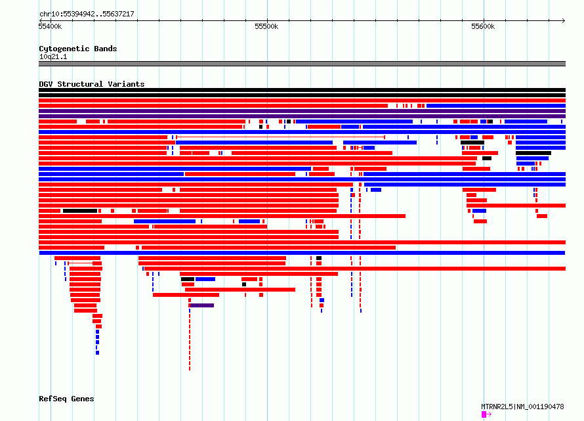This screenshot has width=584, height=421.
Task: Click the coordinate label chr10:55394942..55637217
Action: click(87, 14)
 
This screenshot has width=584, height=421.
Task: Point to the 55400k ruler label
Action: click(50, 26)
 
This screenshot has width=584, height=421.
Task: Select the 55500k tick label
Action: click(266, 26)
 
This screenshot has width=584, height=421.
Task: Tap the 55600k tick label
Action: click(483, 26)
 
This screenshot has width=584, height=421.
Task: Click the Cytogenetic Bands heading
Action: click(78, 49)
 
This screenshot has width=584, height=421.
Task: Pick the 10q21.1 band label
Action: click(53, 56)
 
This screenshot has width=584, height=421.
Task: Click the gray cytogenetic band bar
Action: click(302, 64)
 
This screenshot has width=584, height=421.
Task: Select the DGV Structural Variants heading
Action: click(92, 84)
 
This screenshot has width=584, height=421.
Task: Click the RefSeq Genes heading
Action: click(66, 399)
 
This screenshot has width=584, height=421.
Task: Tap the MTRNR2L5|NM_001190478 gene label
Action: click(522, 407)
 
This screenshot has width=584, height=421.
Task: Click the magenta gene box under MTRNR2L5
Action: click(484, 414)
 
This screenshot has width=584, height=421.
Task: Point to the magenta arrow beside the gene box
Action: click(489, 414)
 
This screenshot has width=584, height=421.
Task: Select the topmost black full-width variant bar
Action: click(302, 90)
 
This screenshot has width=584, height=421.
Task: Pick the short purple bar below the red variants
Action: click(202, 305)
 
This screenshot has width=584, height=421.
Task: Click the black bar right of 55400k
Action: click(80, 211)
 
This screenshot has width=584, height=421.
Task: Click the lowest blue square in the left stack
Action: click(97, 353)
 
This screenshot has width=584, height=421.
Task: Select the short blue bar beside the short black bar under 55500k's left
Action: click(205, 279)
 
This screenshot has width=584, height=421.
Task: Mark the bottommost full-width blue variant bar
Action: click(302, 253)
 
